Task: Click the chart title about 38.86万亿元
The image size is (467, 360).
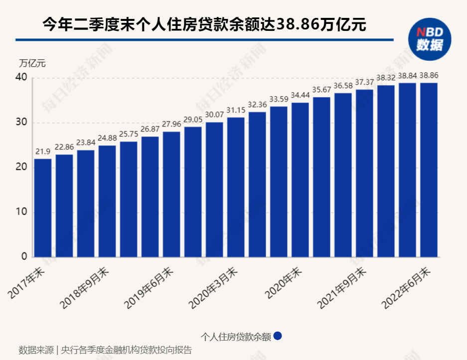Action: click(x=204, y=24)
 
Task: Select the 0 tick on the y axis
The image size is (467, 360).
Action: click(x=24, y=257)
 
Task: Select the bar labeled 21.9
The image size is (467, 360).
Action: click(x=43, y=208)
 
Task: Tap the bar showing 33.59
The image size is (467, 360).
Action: click(x=279, y=182)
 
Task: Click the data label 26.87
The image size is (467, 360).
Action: click(x=150, y=129)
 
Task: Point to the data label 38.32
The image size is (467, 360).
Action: click(x=386, y=78)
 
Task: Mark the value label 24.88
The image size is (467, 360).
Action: click(x=107, y=138)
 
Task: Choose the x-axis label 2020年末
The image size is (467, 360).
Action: click(x=284, y=282)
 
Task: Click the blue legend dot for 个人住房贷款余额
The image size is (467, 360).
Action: click(x=278, y=336)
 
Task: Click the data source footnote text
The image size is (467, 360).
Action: click(x=105, y=350)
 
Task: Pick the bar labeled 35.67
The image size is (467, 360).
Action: click(x=321, y=177)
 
